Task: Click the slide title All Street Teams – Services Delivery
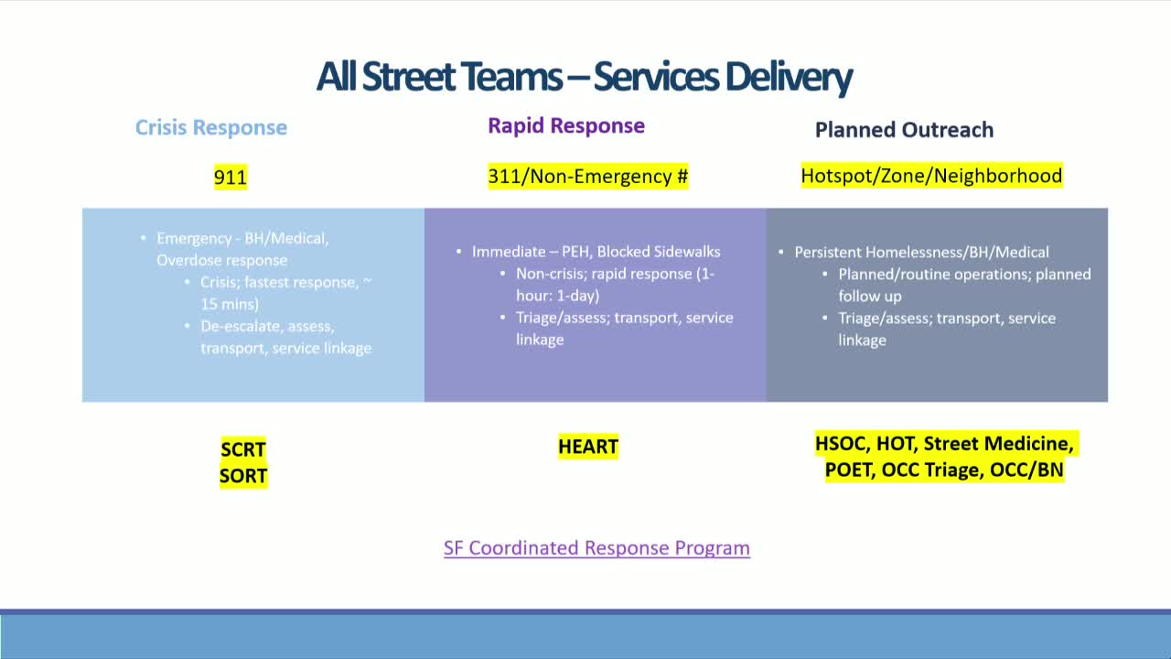(584, 77)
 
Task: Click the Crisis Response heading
(211, 127)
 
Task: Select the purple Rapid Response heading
(565, 125)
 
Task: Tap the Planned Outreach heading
(904, 130)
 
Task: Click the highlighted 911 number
(231, 176)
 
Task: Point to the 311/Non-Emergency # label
(587, 176)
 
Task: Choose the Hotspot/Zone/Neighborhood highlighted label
(931, 175)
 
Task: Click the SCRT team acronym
(243, 449)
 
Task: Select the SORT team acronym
(243, 476)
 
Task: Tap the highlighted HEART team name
(588, 447)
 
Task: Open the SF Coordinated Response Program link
(596, 547)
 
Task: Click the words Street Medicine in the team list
(997, 444)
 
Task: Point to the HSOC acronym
(840, 444)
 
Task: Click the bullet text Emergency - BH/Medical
(242, 238)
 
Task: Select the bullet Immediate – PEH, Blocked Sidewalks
(596, 251)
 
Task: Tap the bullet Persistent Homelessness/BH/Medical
(921, 252)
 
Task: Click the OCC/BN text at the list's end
(1026, 470)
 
